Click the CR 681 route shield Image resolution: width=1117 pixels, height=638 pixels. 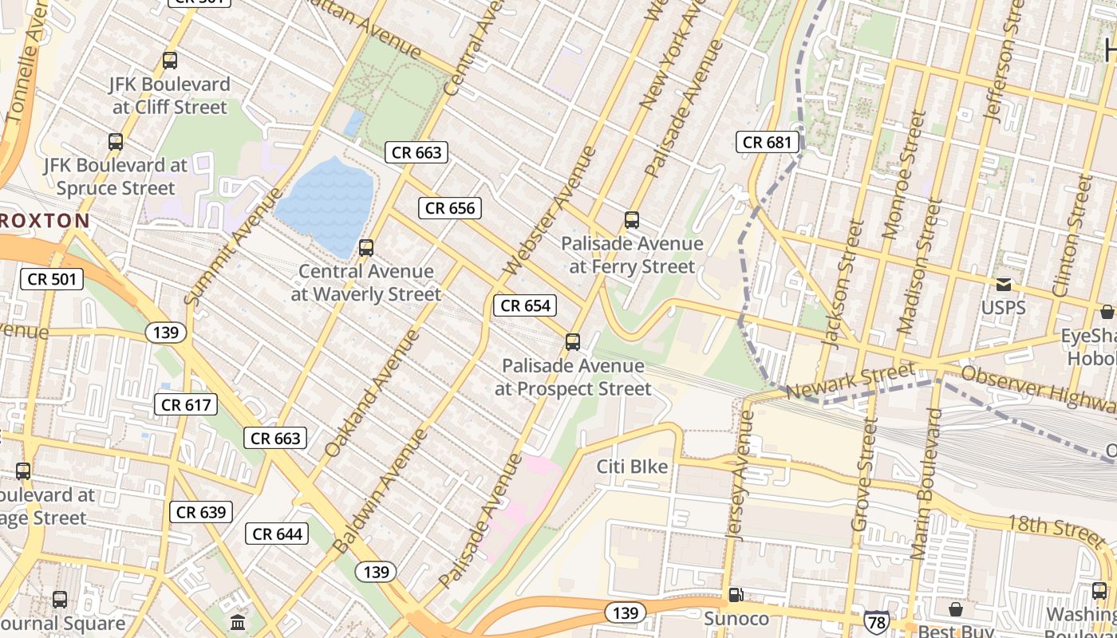pos(767,143)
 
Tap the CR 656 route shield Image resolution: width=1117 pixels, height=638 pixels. pos(450,208)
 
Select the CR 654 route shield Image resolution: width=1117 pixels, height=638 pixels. pos(526,305)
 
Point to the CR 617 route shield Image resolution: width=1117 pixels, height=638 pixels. pos(186,405)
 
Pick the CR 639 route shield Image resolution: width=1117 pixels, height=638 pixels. pos(201,512)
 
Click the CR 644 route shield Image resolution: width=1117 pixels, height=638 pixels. pos(277,534)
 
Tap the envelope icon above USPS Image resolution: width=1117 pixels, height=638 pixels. pos(1003,285)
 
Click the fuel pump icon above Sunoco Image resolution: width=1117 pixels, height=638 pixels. pos(736,595)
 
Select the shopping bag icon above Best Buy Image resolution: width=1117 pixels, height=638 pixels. pos(955,610)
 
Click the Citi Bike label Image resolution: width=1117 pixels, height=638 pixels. pos(632,467)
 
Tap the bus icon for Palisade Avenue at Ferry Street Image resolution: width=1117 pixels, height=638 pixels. pos(632,219)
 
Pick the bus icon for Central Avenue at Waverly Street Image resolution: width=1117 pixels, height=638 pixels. pos(366,247)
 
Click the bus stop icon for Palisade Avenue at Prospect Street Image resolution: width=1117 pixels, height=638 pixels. pos(572,342)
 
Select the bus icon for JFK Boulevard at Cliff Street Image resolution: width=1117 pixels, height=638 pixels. pos(170,60)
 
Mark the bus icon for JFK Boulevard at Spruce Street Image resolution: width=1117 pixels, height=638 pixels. pos(116,142)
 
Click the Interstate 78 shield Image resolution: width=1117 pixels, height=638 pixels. pos(876,619)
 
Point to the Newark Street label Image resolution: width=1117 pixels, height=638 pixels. pos(850,381)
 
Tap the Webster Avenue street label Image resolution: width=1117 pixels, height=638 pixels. pos(551,211)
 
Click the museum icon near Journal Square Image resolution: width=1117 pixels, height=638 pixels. pos(237,622)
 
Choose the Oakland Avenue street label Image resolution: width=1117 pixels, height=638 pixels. pos(372,393)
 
